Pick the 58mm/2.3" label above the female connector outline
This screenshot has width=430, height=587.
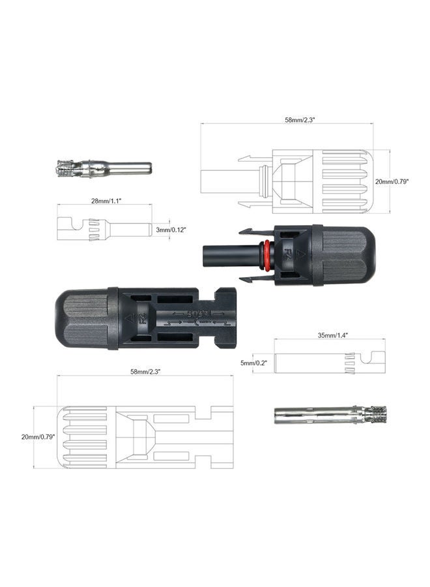146,371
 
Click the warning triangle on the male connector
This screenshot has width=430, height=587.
300,252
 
